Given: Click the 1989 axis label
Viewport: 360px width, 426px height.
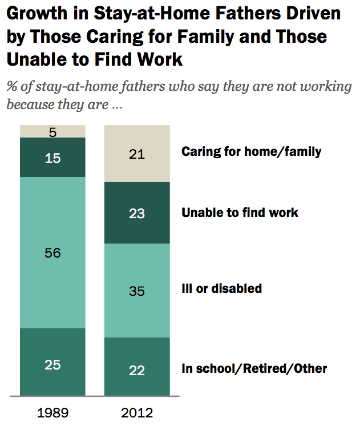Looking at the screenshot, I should tap(52, 412).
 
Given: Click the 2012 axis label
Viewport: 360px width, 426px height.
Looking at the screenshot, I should tap(137, 412).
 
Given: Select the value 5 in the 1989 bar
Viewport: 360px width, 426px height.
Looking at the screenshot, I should tap(52, 131).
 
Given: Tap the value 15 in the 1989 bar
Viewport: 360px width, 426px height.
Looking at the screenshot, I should tap(52, 158).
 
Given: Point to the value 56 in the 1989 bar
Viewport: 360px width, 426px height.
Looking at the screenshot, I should tap(52, 253).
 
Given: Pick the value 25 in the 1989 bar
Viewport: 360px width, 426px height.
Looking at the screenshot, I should tap(52, 364).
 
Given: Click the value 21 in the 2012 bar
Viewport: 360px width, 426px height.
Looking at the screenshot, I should tap(137, 153).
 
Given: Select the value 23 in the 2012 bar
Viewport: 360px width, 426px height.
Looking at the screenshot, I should tap(137, 214).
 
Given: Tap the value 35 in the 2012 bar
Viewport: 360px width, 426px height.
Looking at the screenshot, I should tap(137, 291).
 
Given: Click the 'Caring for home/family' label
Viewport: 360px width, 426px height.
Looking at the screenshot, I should tap(251, 152).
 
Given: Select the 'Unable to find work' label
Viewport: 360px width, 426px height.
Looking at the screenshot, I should tap(240, 213).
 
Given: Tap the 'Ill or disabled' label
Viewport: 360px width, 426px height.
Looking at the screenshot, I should tap(221, 288).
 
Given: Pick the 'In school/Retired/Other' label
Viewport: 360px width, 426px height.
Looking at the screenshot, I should tap(254, 368).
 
